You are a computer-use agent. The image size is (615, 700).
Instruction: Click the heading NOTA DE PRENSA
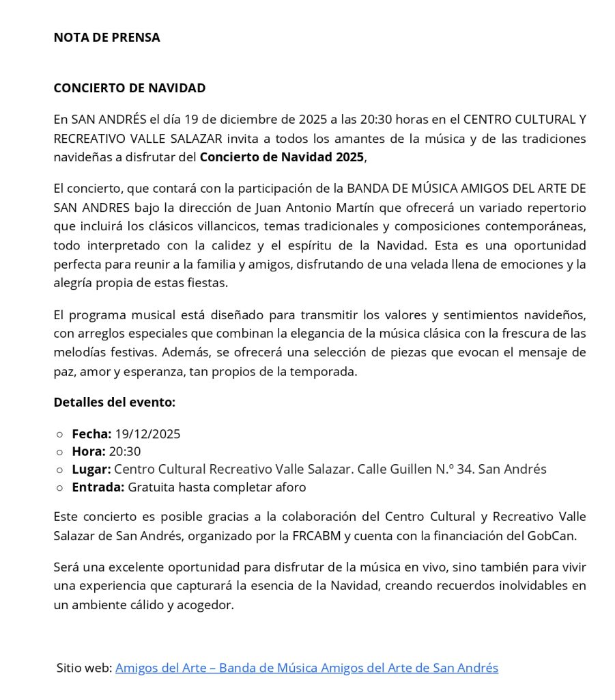106,38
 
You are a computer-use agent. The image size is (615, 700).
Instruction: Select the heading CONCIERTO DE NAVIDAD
130,88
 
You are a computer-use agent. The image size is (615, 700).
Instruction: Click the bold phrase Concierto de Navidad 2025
282,157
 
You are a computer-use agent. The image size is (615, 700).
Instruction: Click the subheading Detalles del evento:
115,402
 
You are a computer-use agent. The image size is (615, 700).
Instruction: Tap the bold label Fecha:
91,434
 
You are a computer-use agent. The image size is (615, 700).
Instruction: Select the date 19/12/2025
148,434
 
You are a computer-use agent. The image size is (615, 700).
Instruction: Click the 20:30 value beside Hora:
125,452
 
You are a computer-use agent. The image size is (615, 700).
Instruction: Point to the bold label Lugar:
91,470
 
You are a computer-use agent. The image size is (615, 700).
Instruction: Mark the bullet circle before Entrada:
60,488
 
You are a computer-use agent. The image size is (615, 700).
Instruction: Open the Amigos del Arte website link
306,668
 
